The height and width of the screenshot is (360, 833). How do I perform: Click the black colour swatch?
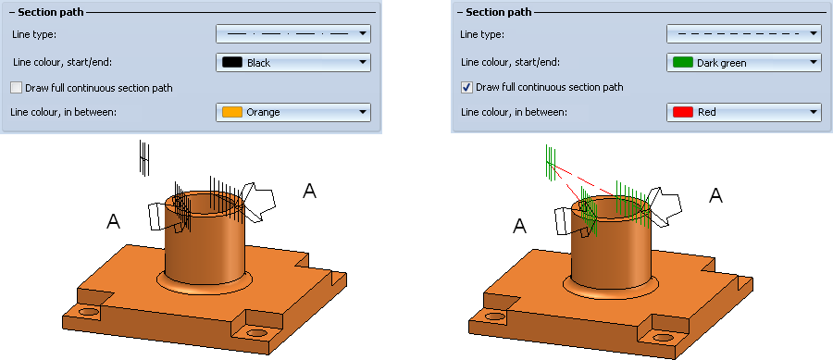point(231,63)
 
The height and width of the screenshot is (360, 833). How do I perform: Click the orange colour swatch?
point(231,112)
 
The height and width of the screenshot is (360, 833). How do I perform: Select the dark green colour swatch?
point(682,63)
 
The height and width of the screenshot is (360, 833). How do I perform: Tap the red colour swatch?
point(682,112)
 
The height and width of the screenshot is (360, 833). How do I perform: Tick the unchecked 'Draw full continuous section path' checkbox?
point(17,88)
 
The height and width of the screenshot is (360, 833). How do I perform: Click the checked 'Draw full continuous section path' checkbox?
point(466,87)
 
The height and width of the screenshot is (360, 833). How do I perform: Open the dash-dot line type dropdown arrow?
point(363,34)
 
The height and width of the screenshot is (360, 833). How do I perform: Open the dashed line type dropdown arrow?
point(813,34)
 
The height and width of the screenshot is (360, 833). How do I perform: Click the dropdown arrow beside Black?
point(363,63)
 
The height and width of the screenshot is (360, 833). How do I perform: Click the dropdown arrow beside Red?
point(813,112)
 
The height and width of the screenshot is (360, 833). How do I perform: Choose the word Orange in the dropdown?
point(264,112)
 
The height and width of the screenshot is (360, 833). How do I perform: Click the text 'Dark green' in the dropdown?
point(721,63)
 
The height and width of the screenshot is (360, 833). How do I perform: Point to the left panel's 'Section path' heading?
point(51,12)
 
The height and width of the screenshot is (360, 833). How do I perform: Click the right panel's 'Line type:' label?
point(482,34)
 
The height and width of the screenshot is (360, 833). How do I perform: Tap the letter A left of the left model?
point(114,221)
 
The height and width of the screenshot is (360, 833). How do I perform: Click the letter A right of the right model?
point(716,195)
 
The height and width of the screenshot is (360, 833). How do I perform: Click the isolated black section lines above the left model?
point(144,157)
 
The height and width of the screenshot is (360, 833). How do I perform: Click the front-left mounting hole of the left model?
point(89,311)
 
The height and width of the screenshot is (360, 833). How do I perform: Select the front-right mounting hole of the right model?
point(663,337)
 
